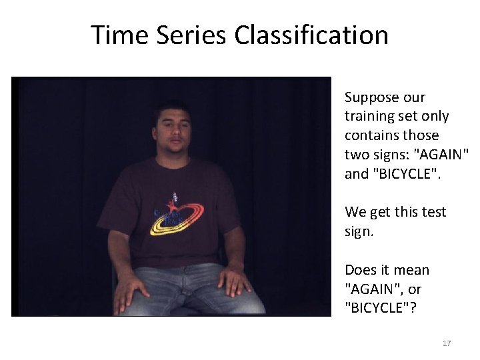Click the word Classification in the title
pos(311,35)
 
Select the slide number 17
pos(447,343)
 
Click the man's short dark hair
pos(173,107)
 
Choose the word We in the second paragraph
pos(355,212)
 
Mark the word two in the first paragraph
pos(356,155)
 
